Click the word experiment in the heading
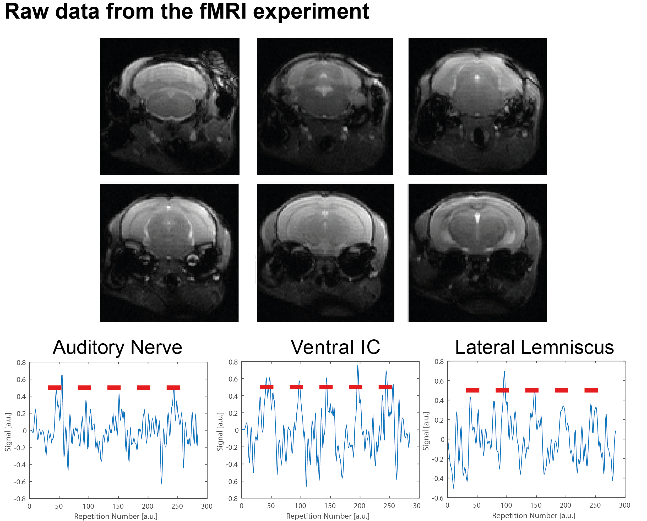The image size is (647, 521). [311, 12]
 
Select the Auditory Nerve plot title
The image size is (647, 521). [117, 347]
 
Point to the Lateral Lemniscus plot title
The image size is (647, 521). [534, 347]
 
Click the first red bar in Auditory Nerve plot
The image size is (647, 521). [55, 388]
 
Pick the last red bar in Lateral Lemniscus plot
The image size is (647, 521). [591, 390]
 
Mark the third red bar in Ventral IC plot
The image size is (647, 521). [326, 387]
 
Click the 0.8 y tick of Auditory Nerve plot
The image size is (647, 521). [21, 362]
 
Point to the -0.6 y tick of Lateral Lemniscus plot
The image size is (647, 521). [438, 498]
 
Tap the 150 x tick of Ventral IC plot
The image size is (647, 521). [330, 506]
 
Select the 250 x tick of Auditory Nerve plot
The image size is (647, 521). [177, 506]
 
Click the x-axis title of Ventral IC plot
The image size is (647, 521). [328, 516]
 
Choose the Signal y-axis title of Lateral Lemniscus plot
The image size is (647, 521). [426, 431]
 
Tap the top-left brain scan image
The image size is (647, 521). [170, 106]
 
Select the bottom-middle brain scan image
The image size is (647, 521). [325, 253]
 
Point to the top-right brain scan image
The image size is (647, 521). [477, 106]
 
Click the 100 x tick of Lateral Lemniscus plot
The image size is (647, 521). [506, 505]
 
